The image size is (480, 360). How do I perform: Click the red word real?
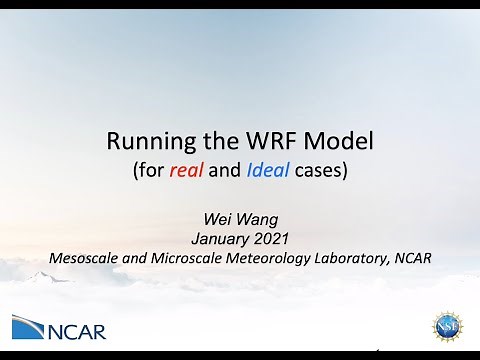pyautogui.click(x=187, y=170)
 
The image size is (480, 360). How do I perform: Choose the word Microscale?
pyautogui.click(x=182, y=256)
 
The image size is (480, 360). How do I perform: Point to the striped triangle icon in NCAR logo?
pyautogui.click(x=28, y=328)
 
